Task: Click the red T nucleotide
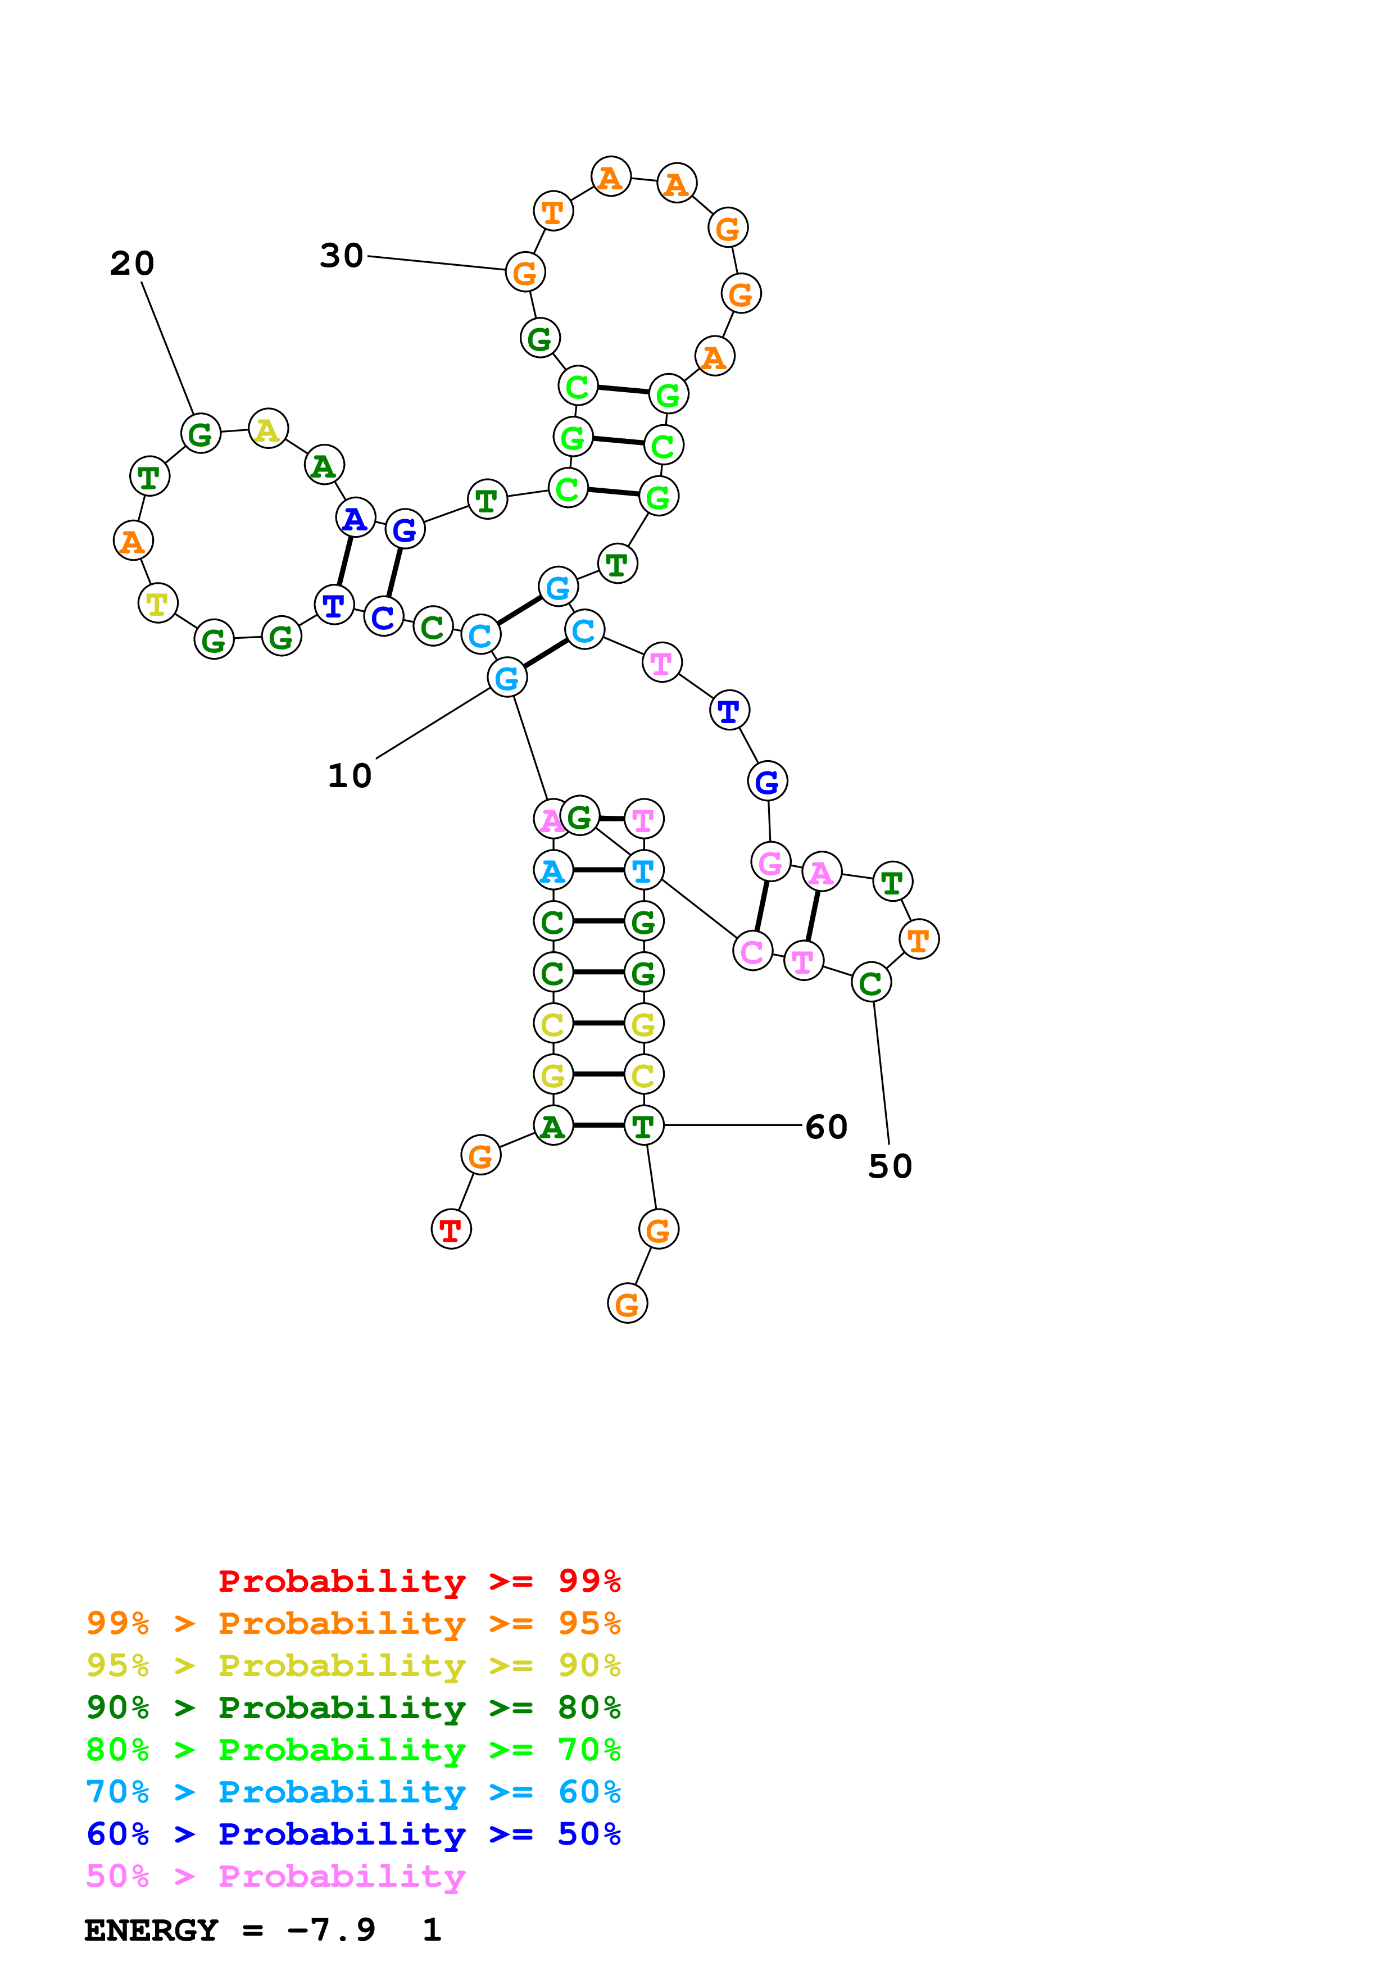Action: pos(451,1229)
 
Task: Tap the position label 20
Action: pos(132,264)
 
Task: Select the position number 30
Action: pos(342,256)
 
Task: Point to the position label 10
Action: pos(350,776)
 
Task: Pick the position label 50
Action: pos(890,1166)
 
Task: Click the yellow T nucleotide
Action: pos(157,603)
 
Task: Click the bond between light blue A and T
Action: pos(598,870)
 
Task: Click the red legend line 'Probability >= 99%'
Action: pos(419,1581)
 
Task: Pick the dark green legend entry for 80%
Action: pos(353,1708)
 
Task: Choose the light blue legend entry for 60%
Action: pos(353,1792)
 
